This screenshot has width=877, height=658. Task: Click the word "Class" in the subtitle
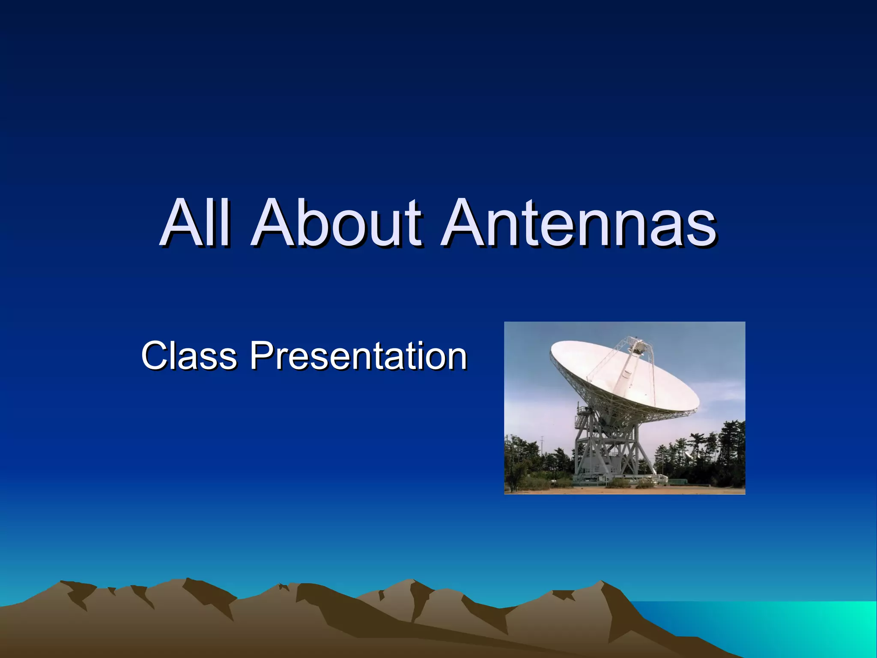click(x=188, y=355)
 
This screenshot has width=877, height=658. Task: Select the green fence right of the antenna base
click(x=677, y=482)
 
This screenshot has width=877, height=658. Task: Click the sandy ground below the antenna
click(x=621, y=490)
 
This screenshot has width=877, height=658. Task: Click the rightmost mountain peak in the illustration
click(x=602, y=583)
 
